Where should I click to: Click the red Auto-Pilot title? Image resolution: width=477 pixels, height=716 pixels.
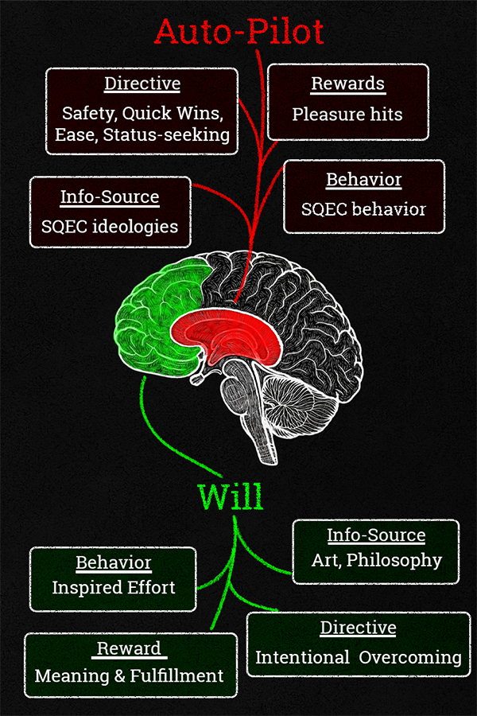tap(239, 31)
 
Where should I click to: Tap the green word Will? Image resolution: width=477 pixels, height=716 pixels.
tap(231, 496)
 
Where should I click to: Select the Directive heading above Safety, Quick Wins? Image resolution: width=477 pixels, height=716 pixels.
tap(142, 84)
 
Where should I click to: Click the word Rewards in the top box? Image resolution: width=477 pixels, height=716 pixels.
tap(347, 84)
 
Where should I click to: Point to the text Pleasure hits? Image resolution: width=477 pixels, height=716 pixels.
tap(347, 114)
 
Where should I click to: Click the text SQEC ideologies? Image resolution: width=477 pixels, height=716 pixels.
tap(110, 227)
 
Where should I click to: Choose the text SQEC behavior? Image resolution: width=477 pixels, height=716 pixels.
tap(363, 210)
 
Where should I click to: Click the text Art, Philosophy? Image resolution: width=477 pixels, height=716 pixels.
tap(376, 559)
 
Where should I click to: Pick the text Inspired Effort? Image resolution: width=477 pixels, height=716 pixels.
tap(114, 588)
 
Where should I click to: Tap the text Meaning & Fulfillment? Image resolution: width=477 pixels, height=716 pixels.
tap(130, 676)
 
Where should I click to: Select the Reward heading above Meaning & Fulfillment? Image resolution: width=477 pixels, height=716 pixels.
tap(130, 648)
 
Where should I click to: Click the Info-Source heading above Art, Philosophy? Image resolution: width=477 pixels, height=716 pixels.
tap(376, 535)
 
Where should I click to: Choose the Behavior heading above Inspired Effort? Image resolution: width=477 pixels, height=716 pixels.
tap(114, 563)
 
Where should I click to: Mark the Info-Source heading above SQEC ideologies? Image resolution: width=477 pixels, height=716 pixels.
tap(110, 197)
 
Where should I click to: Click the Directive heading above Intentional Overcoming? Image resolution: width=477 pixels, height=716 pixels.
tap(358, 628)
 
